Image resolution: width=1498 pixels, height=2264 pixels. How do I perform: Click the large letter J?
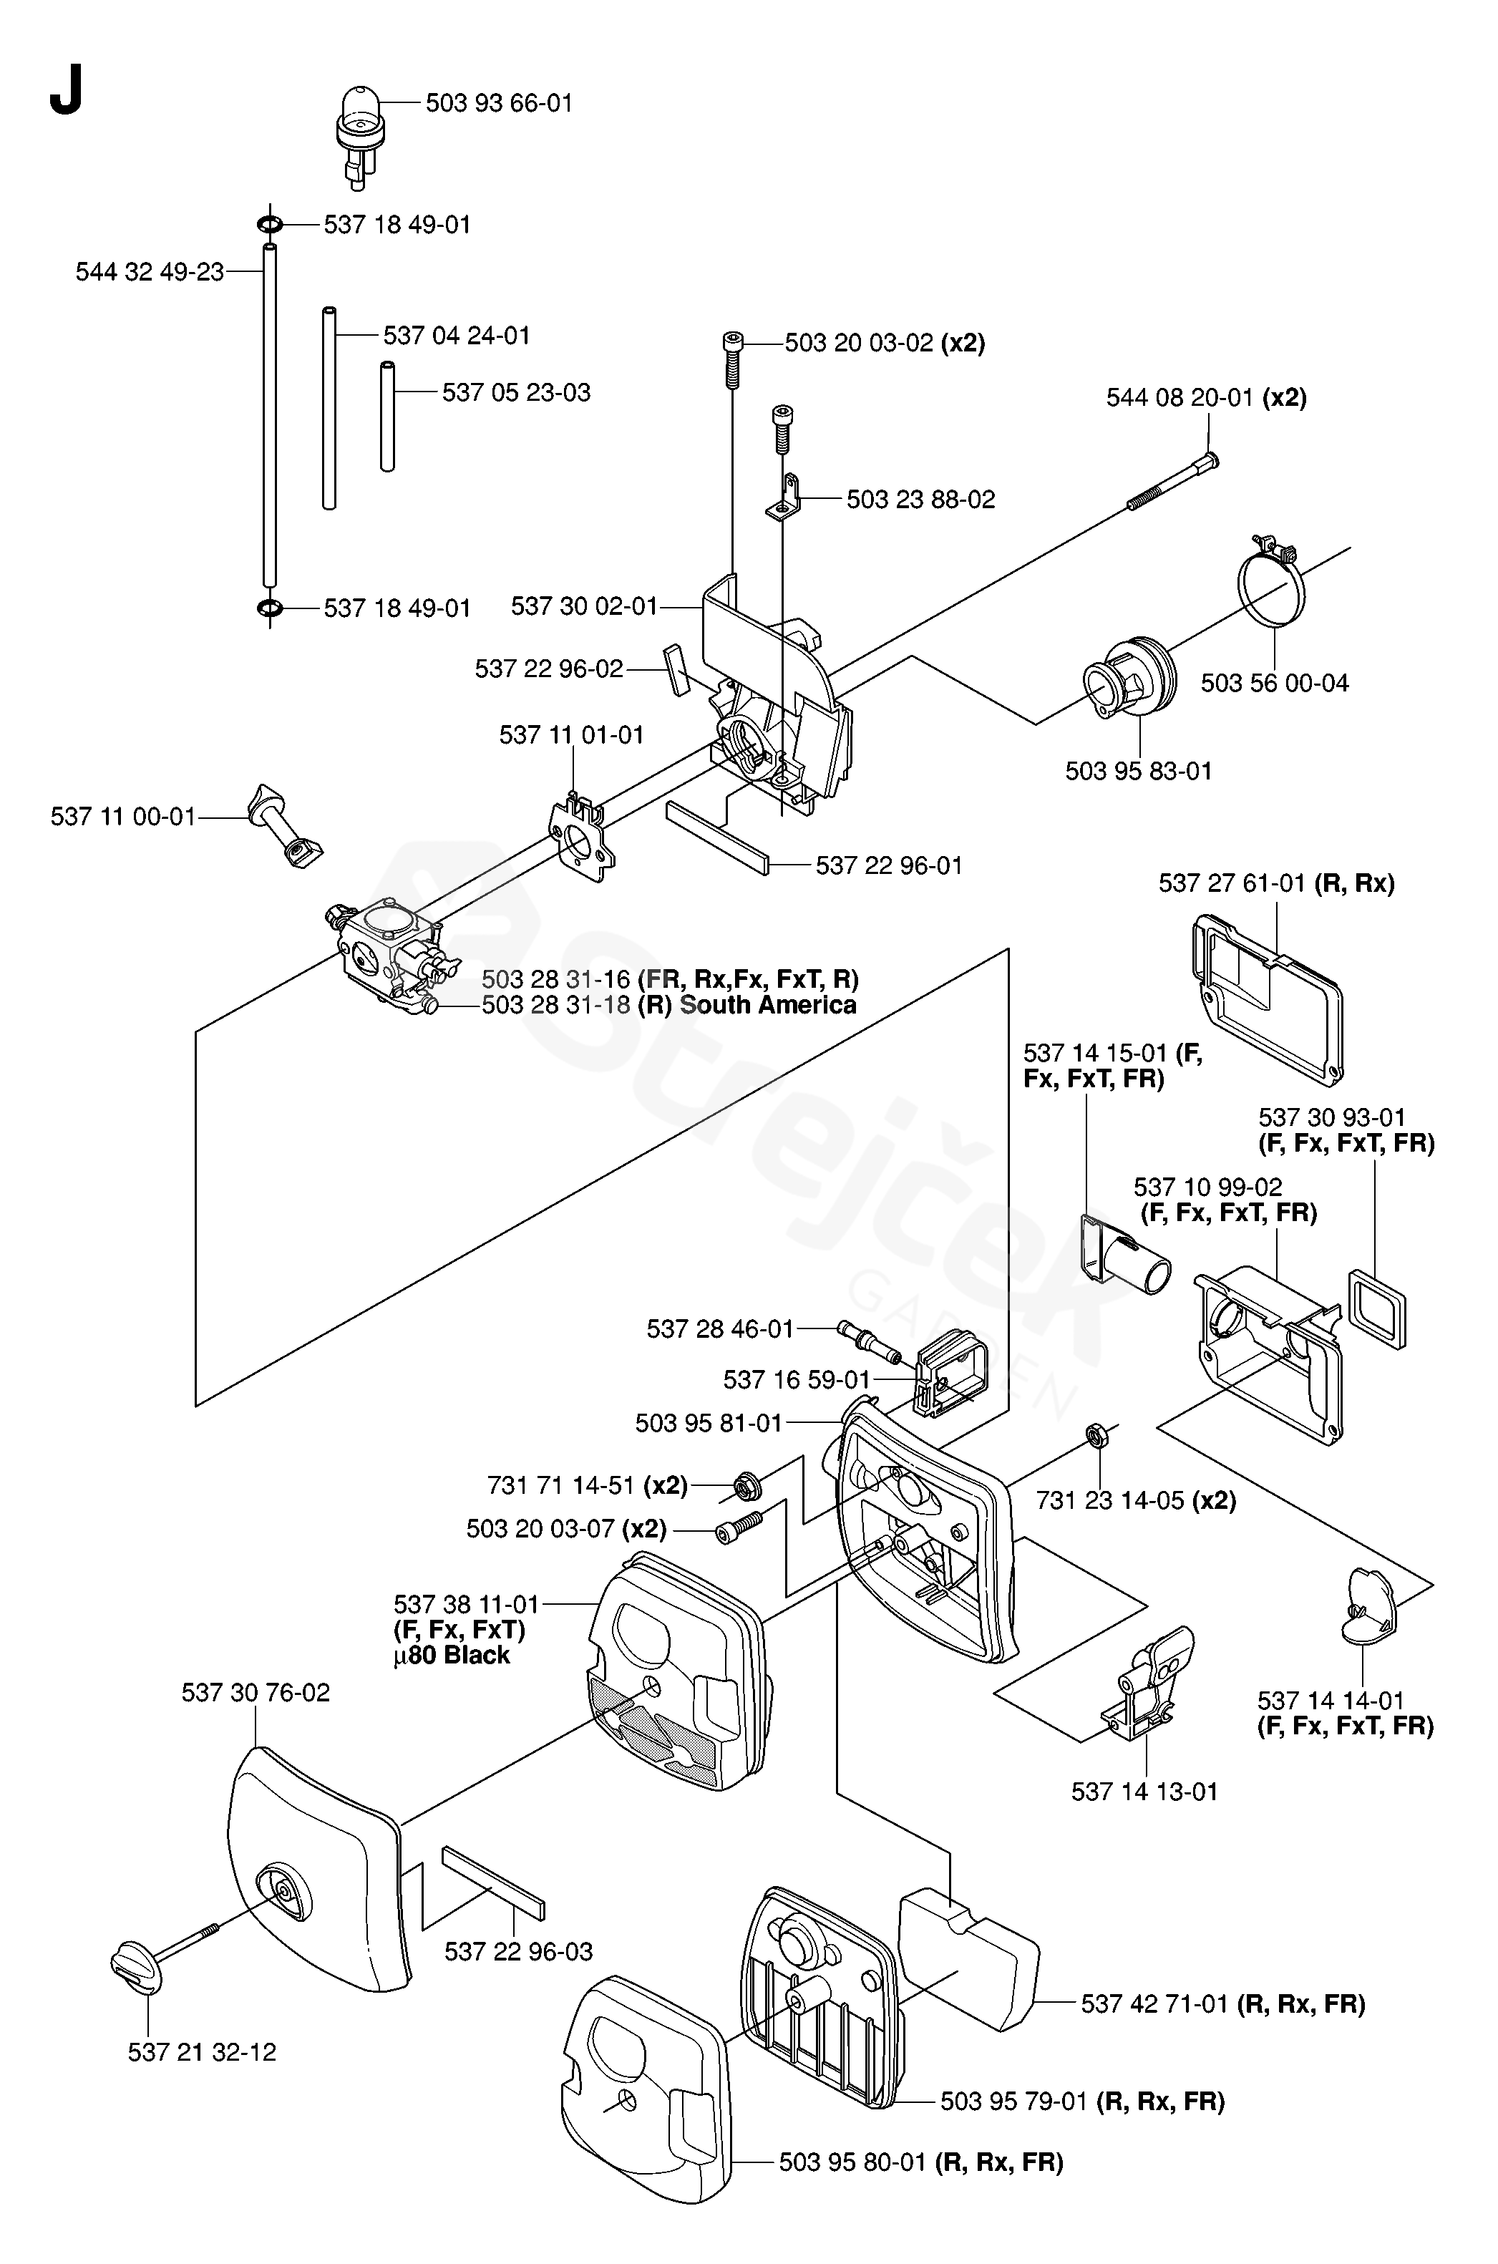click(66, 91)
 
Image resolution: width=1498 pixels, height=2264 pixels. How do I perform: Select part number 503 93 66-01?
click(499, 103)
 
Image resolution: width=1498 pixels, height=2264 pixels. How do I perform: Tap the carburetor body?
click(384, 950)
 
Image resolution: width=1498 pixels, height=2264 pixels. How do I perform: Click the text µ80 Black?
click(451, 1656)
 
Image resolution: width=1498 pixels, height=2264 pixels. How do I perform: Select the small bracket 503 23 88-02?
click(785, 499)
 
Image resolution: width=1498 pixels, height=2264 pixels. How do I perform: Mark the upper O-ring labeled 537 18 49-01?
click(269, 225)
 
